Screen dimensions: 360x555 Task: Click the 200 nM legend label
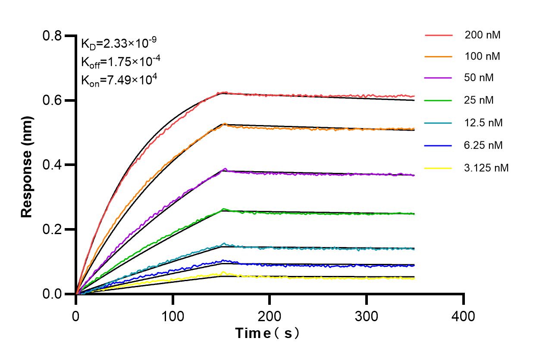(482, 35)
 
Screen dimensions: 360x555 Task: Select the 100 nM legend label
(482, 56)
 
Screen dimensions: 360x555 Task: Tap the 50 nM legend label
(479, 78)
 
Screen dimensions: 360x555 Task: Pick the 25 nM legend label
(479, 100)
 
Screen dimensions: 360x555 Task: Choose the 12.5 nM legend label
(483, 122)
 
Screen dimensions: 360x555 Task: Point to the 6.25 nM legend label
(483, 145)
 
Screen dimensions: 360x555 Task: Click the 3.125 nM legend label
(486, 168)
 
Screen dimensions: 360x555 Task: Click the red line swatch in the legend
(438, 35)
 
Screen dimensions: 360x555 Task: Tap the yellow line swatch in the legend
(438, 168)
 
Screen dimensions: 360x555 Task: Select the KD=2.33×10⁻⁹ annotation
(119, 43)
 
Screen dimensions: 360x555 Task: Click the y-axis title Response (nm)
(27, 164)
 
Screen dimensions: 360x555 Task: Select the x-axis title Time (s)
(267, 333)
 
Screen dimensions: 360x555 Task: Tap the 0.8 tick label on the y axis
(53, 36)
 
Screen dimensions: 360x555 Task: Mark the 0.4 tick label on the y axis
(53, 165)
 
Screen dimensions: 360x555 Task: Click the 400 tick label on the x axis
(464, 316)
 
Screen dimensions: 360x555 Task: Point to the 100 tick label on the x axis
(172, 316)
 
